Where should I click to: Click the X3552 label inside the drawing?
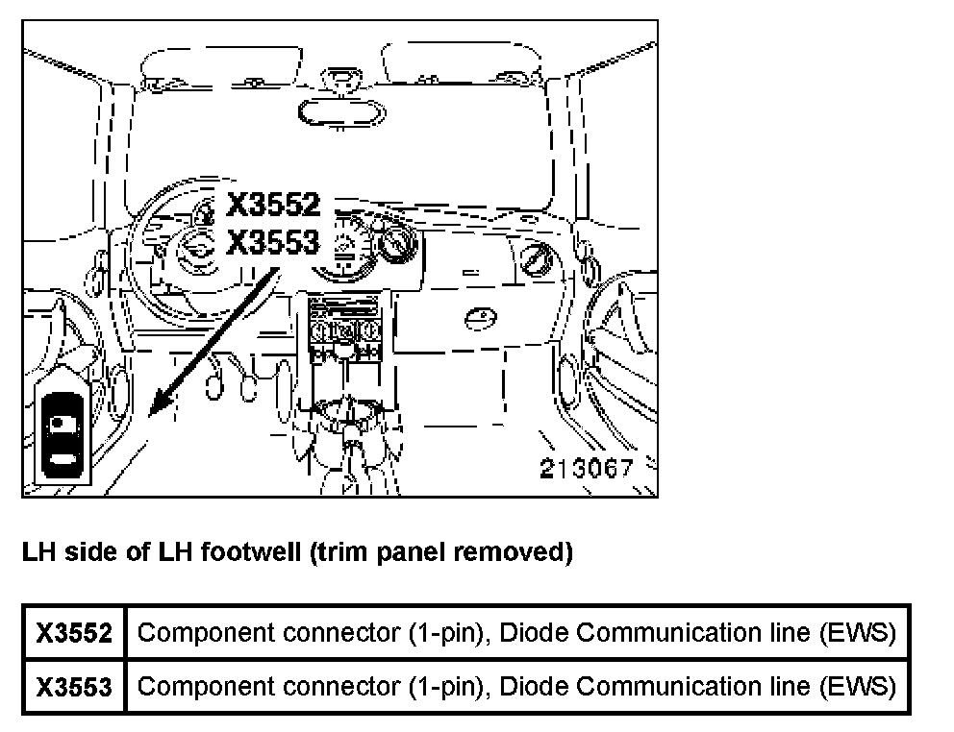tap(272, 206)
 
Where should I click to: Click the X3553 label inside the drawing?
tap(272, 242)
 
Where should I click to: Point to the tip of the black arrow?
tap(152, 415)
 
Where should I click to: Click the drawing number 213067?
tap(586, 469)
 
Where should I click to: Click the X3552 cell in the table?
tap(74, 633)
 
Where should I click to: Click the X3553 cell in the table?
tap(74, 687)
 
